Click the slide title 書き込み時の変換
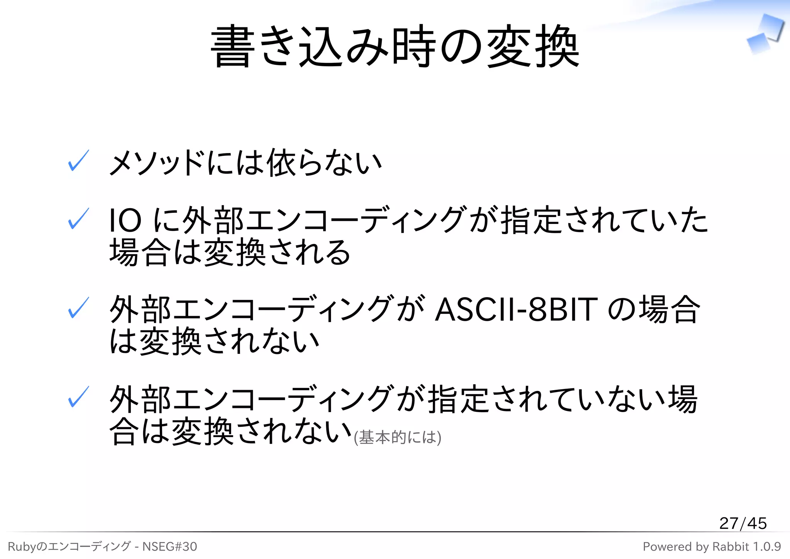tap(395, 46)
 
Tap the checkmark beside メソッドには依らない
tap(78, 161)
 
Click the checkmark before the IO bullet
tap(78, 219)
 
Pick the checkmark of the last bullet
tap(78, 397)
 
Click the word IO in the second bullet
tap(125, 220)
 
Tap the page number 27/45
tap(743, 523)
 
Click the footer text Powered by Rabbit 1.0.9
tap(712, 547)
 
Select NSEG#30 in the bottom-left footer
tap(170, 547)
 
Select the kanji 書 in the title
tap(233, 46)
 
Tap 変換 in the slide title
tap(532, 46)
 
